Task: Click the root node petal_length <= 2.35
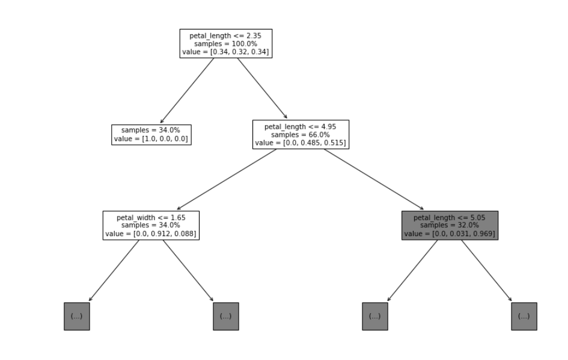226,44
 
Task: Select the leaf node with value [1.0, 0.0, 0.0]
151,135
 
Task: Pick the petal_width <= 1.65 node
151,225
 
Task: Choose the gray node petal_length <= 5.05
450,225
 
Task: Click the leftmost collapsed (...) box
76,316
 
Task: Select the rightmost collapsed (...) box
524,316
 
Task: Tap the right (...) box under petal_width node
225,316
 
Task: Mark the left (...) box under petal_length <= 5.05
374,316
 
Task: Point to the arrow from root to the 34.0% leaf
187,91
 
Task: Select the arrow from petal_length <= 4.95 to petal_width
227,179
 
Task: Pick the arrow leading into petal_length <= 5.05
374,178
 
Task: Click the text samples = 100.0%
226,44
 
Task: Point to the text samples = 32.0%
450,225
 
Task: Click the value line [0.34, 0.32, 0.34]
226,52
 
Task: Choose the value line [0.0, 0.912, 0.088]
151,234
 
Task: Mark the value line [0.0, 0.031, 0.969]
450,234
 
